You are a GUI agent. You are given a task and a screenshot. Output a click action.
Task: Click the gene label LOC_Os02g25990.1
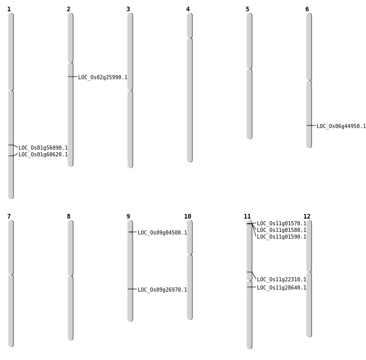coord(102,78)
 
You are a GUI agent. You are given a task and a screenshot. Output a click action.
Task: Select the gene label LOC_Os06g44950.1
coord(341,127)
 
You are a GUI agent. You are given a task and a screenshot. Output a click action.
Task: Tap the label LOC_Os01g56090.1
coord(43,148)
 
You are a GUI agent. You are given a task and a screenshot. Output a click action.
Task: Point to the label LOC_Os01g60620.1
coord(43,155)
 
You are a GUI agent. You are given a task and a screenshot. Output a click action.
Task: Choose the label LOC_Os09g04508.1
coord(162,233)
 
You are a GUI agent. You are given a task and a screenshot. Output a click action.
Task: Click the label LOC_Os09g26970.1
coord(162,290)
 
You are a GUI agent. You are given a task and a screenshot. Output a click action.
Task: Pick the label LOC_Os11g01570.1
coord(281,224)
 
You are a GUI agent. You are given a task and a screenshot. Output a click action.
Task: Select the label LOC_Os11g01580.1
coord(281,230)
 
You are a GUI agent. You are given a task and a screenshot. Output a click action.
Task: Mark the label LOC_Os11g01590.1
coord(281,237)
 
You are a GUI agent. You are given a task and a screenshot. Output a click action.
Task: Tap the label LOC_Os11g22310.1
coord(281,280)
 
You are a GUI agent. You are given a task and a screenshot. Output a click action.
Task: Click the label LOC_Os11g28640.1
coord(281,288)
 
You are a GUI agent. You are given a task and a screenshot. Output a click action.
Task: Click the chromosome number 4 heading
coord(188,9)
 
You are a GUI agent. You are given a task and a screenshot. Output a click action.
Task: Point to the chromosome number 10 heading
coord(188,217)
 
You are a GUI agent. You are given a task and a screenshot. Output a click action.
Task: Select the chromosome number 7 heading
coord(9,217)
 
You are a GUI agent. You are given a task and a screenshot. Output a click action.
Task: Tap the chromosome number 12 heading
coord(307,217)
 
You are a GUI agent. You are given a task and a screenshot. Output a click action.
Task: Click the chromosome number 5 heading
coord(247,9)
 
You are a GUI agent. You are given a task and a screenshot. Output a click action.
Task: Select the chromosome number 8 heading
coord(68,217)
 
